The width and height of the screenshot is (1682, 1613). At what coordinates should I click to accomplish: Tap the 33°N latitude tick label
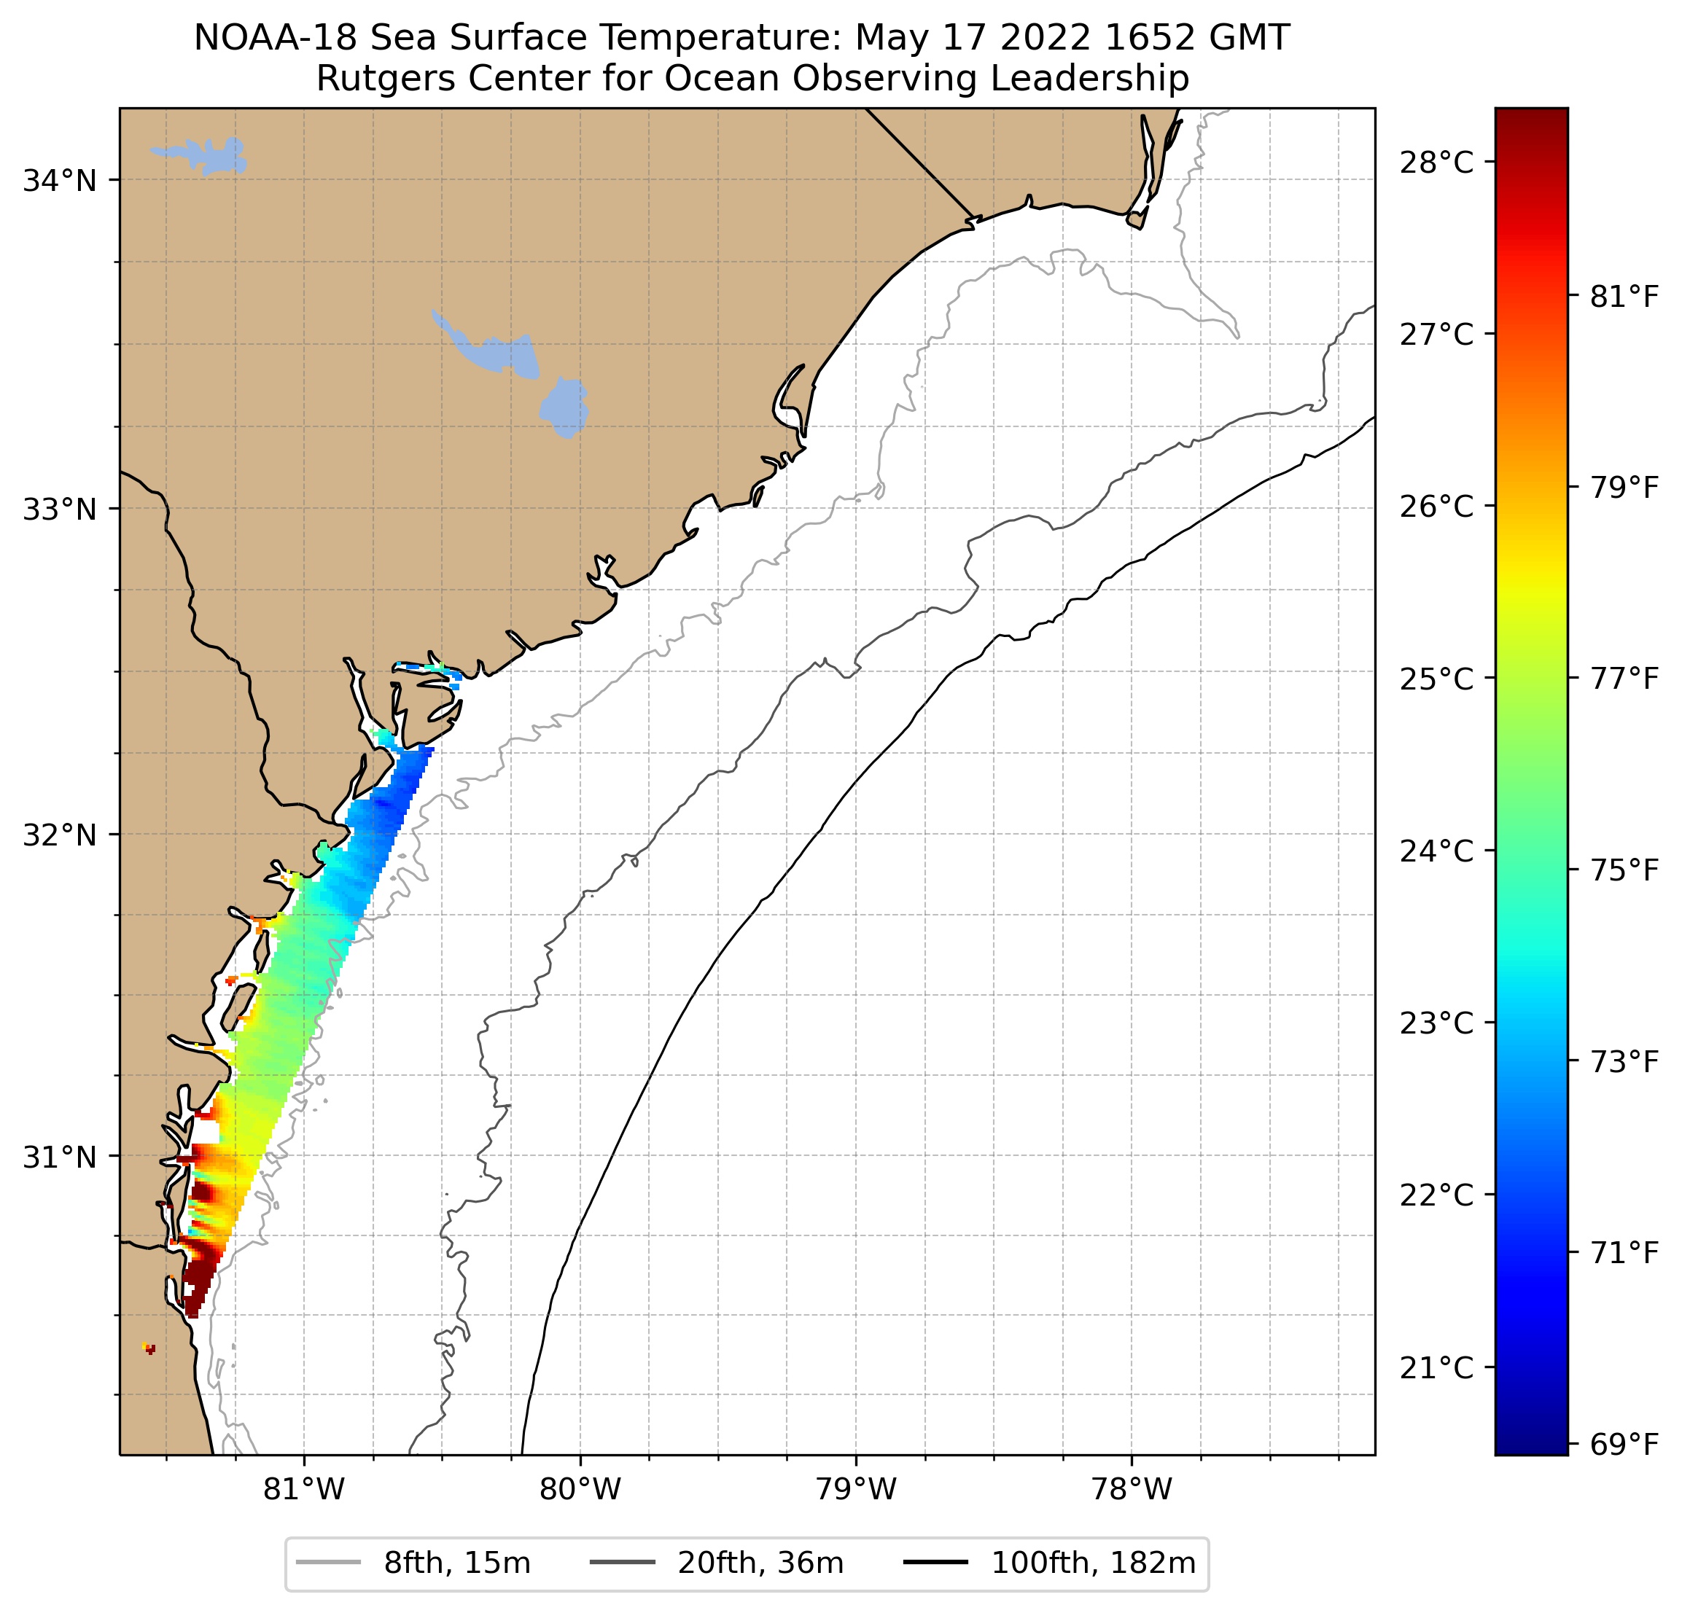tap(59, 509)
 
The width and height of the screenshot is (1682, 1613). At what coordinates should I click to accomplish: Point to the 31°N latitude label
tap(59, 1157)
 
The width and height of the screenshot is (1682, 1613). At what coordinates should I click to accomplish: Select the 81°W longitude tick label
tap(304, 1489)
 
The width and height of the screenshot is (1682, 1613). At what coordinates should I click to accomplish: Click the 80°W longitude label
tap(580, 1489)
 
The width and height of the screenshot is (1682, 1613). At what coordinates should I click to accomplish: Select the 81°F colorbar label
tap(1624, 297)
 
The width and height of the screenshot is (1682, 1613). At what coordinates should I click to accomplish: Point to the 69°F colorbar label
tap(1624, 1445)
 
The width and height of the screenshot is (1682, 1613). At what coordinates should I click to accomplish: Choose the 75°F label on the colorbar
tap(1624, 870)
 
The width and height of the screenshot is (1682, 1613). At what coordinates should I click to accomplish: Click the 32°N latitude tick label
tap(59, 835)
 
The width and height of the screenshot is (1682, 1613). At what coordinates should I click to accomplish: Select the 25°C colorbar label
tap(1436, 679)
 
